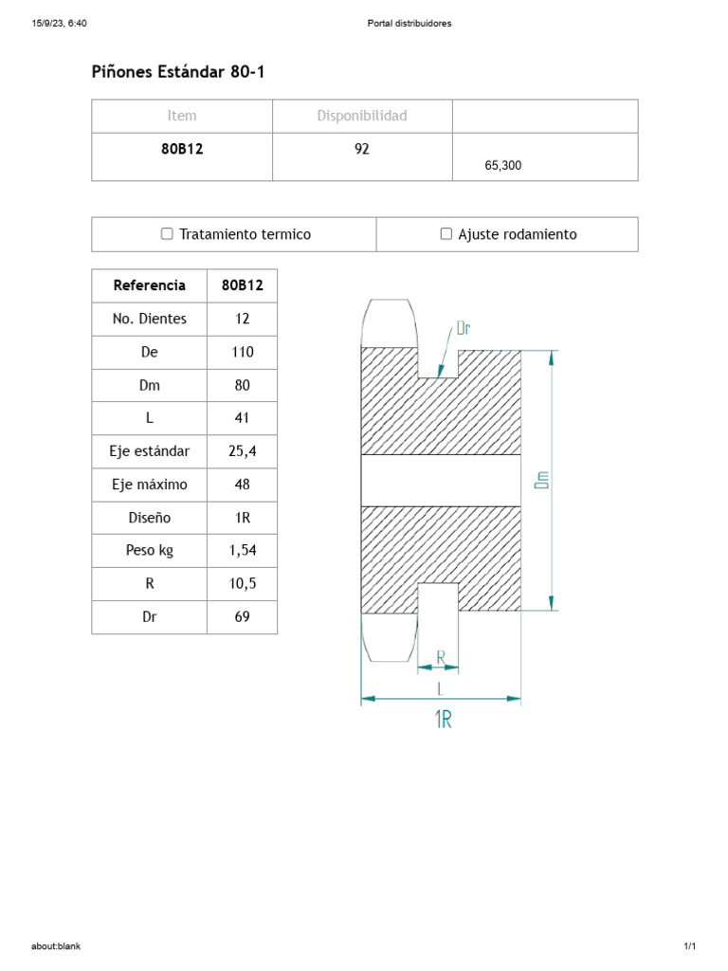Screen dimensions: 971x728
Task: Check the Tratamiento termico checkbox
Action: (x=167, y=234)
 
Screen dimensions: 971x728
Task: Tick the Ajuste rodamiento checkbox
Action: (x=446, y=234)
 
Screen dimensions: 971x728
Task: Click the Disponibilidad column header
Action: (x=361, y=116)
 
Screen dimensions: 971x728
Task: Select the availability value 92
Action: (x=361, y=149)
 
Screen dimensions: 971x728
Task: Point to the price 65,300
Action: (x=502, y=165)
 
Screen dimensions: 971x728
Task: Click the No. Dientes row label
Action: (x=150, y=319)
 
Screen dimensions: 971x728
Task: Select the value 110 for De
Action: (x=242, y=352)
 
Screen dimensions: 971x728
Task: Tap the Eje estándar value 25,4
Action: (x=242, y=451)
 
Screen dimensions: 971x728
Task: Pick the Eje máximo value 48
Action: (x=242, y=485)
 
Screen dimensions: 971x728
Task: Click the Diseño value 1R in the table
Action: (x=242, y=518)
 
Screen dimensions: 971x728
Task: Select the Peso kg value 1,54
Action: (x=242, y=551)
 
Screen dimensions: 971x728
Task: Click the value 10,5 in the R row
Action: (x=242, y=584)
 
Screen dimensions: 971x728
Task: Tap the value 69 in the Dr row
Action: (x=242, y=617)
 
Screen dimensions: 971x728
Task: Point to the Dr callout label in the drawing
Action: (x=464, y=329)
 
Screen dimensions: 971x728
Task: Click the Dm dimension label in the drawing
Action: (x=542, y=481)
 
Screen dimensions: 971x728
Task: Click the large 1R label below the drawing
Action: (x=443, y=721)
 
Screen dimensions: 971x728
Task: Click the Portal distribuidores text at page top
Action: (x=409, y=24)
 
